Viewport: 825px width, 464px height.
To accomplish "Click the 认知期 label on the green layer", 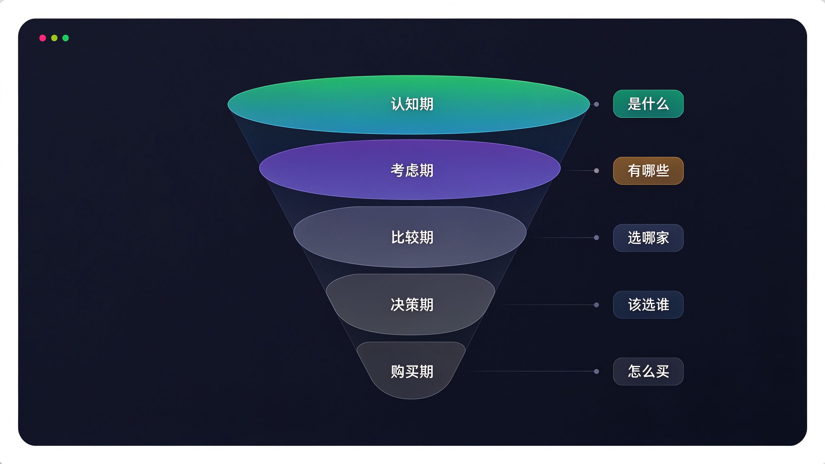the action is [x=412, y=104].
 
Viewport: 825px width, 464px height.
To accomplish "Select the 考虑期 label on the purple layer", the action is [x=412, y=170].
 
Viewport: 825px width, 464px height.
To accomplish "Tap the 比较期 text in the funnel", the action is [x=412, y=237].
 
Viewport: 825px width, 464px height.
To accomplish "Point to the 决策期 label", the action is [x=412, y=304].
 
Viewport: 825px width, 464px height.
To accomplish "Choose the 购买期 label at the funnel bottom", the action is [x=412, y=372].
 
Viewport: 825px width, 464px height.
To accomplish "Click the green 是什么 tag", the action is [x=648, y=104].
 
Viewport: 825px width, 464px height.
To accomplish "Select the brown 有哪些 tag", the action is [x=648, y=171].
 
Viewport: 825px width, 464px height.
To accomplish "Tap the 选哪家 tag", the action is [x=648, y=238].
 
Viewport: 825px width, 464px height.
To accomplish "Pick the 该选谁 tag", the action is [x=648, y=304].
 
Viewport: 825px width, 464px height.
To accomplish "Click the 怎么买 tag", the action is [x=648, y=372].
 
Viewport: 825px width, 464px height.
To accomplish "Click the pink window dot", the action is [x=43, y=38].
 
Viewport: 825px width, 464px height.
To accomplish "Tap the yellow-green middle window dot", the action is [x=54, y=38].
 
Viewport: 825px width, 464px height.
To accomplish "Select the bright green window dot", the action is [x=66, y=38].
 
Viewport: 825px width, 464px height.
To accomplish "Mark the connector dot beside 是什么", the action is [x=596, y=104].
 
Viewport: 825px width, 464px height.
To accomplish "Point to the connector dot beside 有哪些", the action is [x=596, y=171].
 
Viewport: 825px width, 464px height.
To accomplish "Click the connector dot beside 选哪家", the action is [x=596, y=238].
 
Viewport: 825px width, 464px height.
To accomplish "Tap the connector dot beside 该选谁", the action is [x=596, y=305].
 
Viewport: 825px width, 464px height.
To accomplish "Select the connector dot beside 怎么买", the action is [x=596, y=372].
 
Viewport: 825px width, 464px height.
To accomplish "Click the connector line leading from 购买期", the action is [x=530, y=371].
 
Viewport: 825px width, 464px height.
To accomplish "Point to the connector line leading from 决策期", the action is [x=546, y=305].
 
